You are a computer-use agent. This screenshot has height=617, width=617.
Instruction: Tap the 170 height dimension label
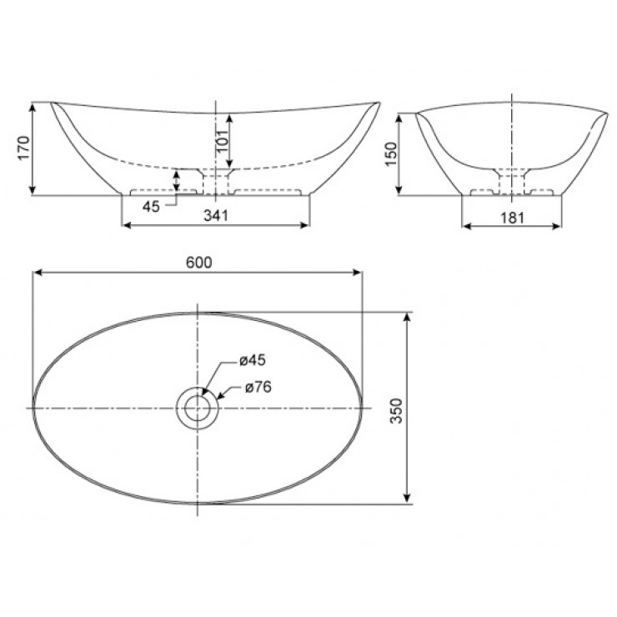click(x=23, y=149)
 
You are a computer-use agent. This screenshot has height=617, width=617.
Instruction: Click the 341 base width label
click(x=216, y=214)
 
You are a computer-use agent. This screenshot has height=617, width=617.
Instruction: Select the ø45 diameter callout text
click(x=252, y=360)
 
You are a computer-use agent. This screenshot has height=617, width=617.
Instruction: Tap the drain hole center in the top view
click(x=198, y=409)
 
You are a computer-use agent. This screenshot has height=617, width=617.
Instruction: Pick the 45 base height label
click(x=151, y=206)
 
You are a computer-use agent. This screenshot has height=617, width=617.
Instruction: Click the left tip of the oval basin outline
click(x=33, y=408)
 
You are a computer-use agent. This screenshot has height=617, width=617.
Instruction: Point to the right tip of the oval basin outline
click(x=362, y=408)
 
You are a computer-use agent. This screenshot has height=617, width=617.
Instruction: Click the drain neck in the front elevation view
click(x=216, y=180)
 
